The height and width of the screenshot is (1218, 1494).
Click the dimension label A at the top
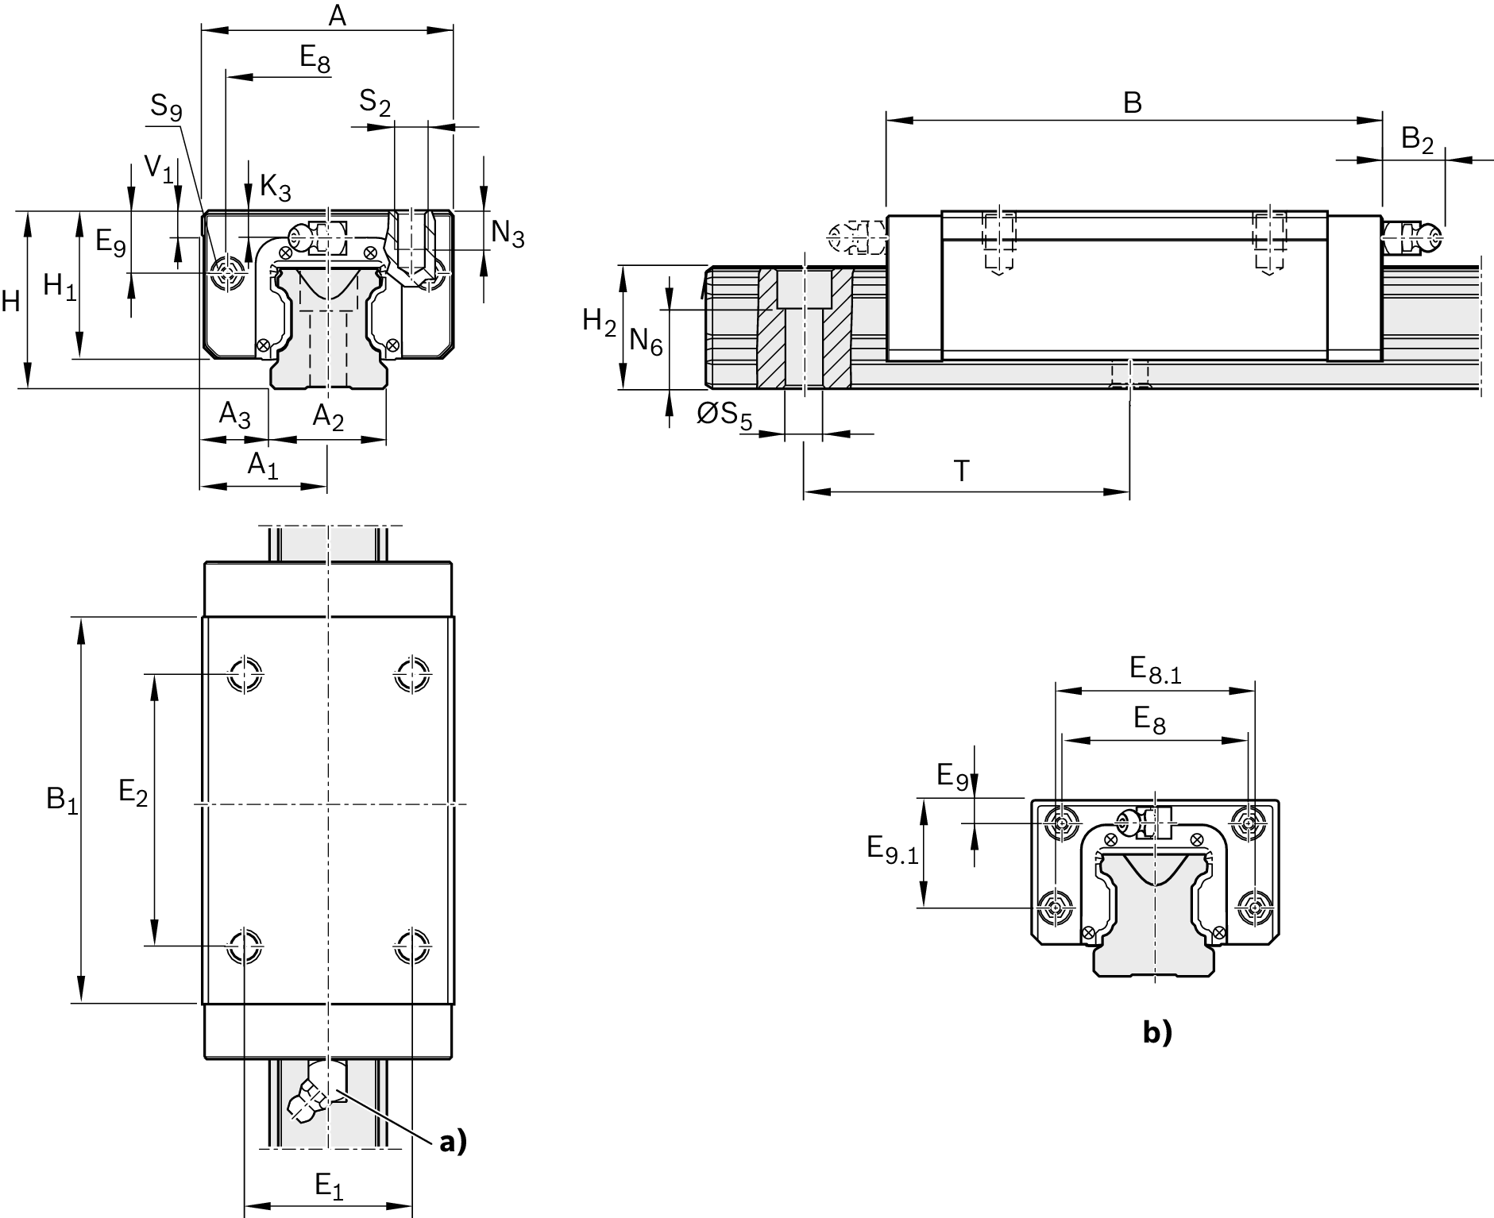coord(338,15)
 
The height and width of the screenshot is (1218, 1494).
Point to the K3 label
coord(275,188)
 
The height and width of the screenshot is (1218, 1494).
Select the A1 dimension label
coord(263,464)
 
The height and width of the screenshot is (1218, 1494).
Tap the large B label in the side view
coord(1132,103)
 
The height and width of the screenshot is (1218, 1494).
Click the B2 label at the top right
coord(1417,140)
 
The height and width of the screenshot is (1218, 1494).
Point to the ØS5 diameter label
coord(724,415)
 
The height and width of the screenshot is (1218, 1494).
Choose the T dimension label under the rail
coord(961,472)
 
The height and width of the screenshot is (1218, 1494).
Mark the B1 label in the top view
coord(62,800)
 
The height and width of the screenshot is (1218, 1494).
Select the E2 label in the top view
coord(133,792)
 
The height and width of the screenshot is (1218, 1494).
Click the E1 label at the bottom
coord(329,1186)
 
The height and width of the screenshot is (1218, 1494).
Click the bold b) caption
coord(1156,1032)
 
